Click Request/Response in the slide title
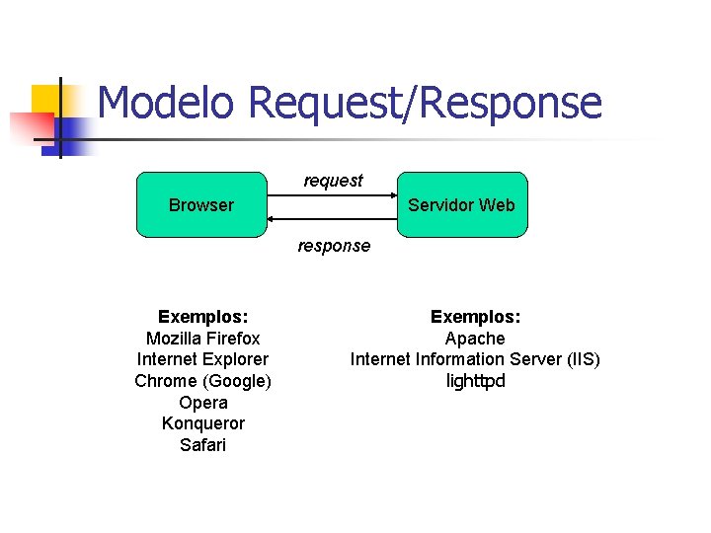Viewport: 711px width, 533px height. click(x=425, y=103)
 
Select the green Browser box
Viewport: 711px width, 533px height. click(x=201, y=205)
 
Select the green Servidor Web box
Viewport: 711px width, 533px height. click(x=462, y=205)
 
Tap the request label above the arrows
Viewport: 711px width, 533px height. click(x=333, y=181)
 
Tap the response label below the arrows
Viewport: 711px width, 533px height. click(x=335, y=246)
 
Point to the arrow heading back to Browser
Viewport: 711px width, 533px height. click(x=332, y=218)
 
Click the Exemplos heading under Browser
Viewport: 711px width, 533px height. click(x=202, y=317)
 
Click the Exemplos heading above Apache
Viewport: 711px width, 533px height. click(x=475, y=317)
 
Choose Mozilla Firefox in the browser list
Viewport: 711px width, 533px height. click(x=202, y=339)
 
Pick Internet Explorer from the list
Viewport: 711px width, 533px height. click(x=202, y=359)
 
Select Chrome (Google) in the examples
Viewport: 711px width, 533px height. click(x=202, y=381)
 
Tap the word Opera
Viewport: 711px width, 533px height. click(x=203, y=403)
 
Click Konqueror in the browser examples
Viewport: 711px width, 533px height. click(x=202, y=423)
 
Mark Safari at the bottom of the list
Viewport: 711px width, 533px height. click(x=202, y=445)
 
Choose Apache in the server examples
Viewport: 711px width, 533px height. click(x=475, y=339)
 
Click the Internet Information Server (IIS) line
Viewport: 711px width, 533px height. click(x=475, y=359)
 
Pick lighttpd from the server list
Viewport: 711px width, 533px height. click(x=475, y=381)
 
